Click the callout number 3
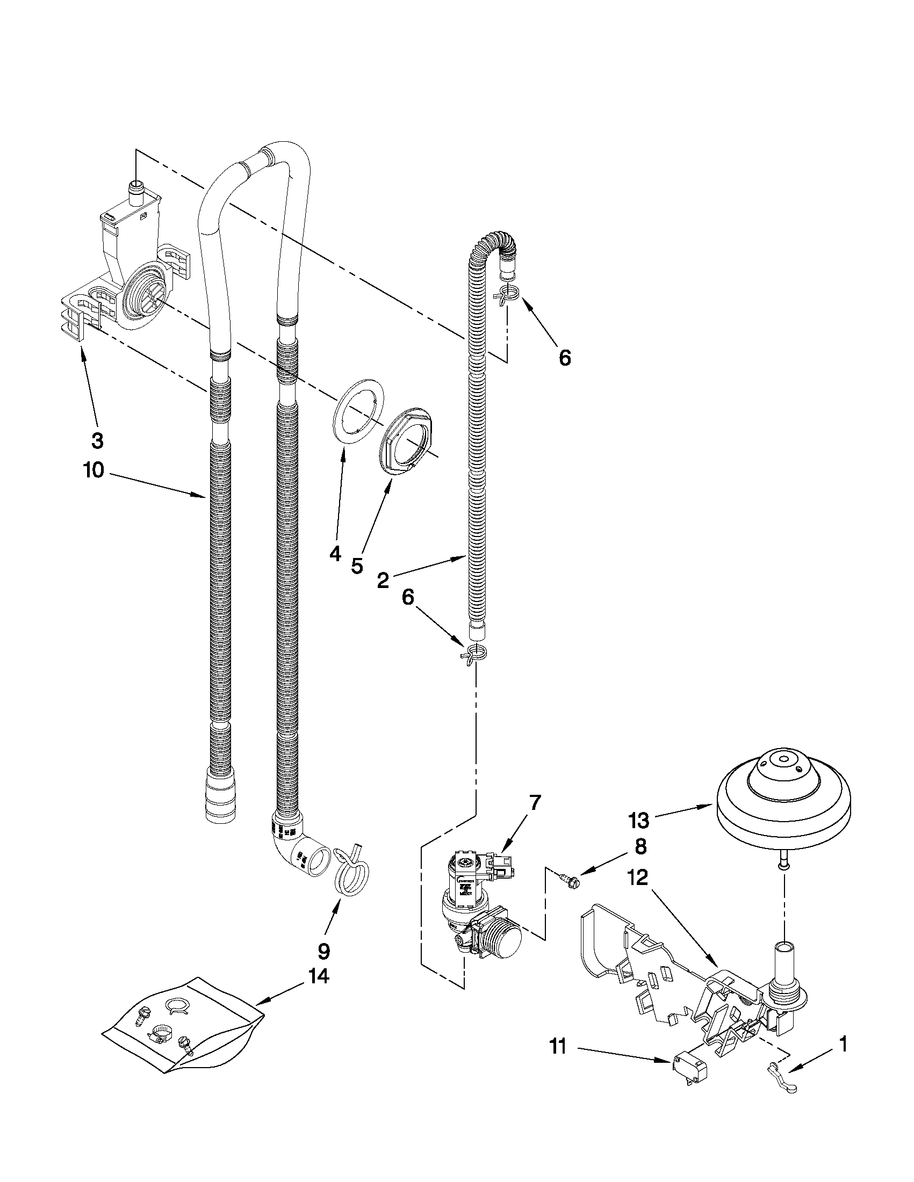click(97, 440)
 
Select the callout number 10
click(93, 470)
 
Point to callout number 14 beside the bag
click(319, 976)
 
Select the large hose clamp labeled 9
click(350, 874)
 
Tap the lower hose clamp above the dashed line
click(474, 653)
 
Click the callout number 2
click(383, 580)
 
